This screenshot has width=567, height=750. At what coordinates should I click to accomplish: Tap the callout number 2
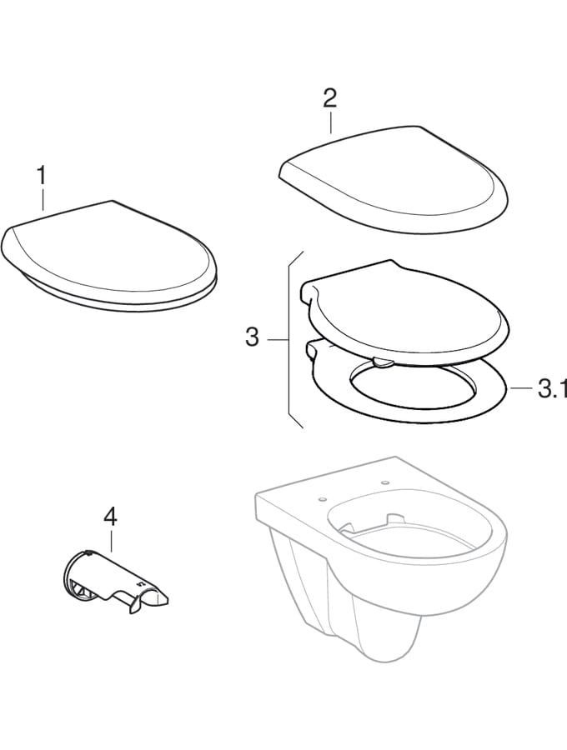(x=329, y=99)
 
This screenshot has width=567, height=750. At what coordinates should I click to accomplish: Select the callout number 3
(x=253, y=338)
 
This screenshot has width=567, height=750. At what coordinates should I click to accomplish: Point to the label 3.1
(x=551, y=388)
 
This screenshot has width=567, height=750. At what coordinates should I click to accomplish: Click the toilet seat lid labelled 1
(x=108, y=254)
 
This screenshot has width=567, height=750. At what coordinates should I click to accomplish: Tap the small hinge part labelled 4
(x=117, y=579)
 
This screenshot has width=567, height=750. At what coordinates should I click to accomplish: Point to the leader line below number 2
(x=330, y=122)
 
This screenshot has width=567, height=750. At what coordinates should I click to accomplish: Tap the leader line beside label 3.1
(x=520, y=388)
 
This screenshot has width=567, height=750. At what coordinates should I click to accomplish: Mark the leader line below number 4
(x=110, y=541)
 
